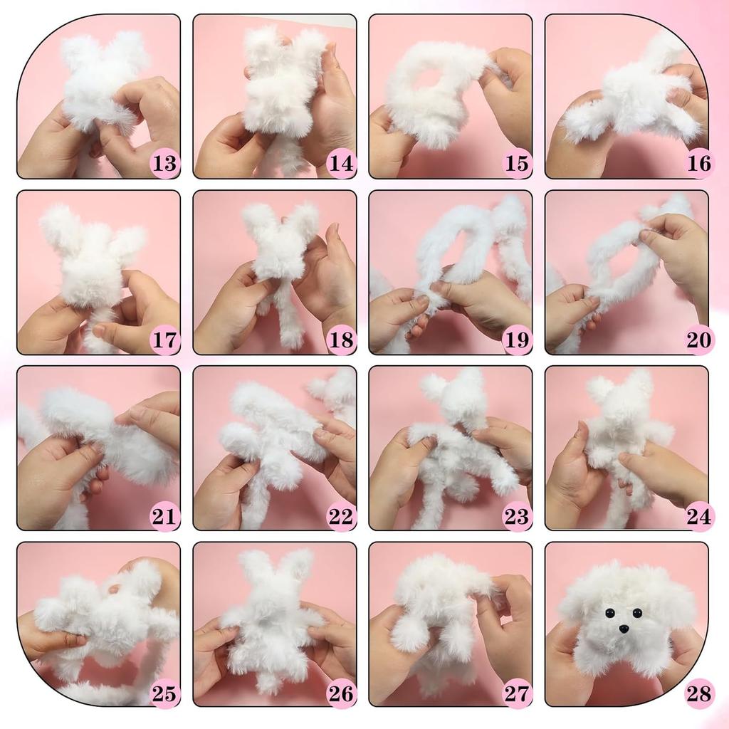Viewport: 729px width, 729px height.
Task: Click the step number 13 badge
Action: (164, 164)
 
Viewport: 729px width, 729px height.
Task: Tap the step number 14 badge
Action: (341, 164)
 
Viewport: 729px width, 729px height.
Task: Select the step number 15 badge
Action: (517, 164)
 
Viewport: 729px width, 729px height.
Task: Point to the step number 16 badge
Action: (698, 164)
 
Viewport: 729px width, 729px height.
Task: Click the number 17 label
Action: (164, 340)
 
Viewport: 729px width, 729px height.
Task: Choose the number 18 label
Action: (341, 340)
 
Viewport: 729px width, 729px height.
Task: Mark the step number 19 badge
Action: (517, 340)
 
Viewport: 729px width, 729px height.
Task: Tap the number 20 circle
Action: (698, 340)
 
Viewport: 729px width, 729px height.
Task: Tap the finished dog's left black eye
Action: (610, 612)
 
